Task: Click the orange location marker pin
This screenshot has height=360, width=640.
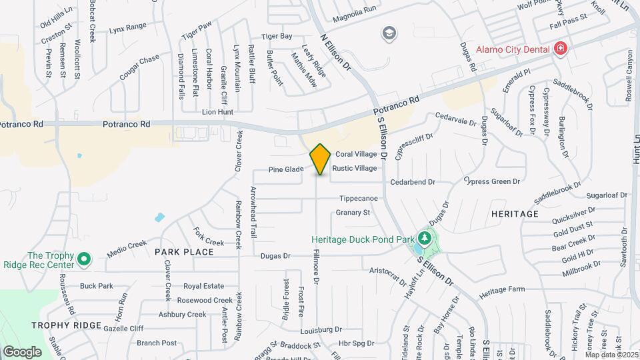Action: coord(320,159)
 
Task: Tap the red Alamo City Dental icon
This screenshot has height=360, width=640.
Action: coord(561,49)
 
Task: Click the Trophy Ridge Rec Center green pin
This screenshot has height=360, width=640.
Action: coord(83,259)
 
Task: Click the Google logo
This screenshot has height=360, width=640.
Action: coord(22,351)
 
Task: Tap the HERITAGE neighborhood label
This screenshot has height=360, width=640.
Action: coord(514,214)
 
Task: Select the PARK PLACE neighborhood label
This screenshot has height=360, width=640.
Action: coord(184,252)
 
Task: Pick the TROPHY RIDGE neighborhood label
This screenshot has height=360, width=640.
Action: coord(66,325)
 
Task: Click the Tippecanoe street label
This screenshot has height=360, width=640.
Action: coord(359,199)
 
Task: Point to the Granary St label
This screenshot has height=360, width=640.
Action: coord(353,213)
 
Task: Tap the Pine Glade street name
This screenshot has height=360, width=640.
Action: coord(286,169)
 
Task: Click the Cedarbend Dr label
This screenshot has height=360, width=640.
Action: coord(413,181)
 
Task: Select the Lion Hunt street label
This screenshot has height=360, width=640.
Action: coord(217,113)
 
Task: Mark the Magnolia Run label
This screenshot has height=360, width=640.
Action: coord(355,9)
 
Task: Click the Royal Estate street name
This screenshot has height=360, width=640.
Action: coord(203,286)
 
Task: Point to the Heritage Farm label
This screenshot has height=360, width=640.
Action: coord(502,290)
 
